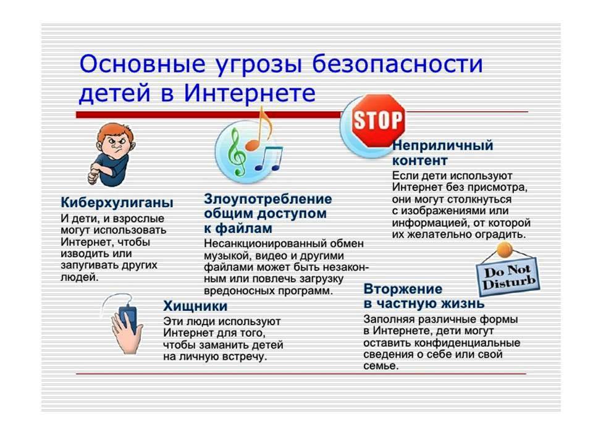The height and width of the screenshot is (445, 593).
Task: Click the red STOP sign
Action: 378,121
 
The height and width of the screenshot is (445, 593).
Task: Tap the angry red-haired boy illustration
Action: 112,155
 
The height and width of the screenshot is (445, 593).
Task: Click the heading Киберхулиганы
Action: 117,203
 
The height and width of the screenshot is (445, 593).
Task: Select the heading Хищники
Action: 195,306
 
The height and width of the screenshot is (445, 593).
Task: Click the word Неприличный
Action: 442,145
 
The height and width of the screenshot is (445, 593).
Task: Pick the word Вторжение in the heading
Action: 403,289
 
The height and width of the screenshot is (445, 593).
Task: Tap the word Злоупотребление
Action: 267,199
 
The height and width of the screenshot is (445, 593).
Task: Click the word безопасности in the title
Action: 397,64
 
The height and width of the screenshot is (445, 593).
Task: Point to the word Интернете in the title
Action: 250,93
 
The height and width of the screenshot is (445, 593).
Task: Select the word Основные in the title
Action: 143,64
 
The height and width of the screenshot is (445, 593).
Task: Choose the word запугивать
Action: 85,265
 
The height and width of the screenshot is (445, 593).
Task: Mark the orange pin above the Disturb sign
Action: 505,250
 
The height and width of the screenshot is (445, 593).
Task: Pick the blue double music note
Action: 269,158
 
